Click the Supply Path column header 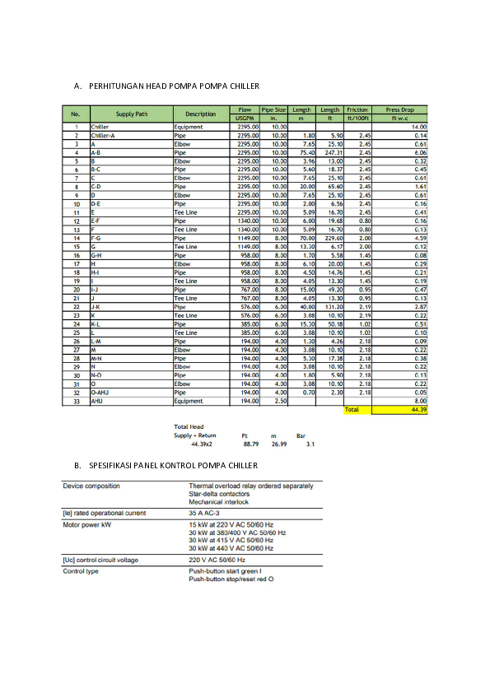132,114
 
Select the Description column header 200,114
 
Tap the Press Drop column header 399,109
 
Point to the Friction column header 357,109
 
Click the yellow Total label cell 352,409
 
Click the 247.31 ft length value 332,152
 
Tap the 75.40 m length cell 306,152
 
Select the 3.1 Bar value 310,443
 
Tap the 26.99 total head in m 278,443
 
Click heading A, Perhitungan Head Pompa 166,86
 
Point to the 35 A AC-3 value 209,513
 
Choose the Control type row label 81,571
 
